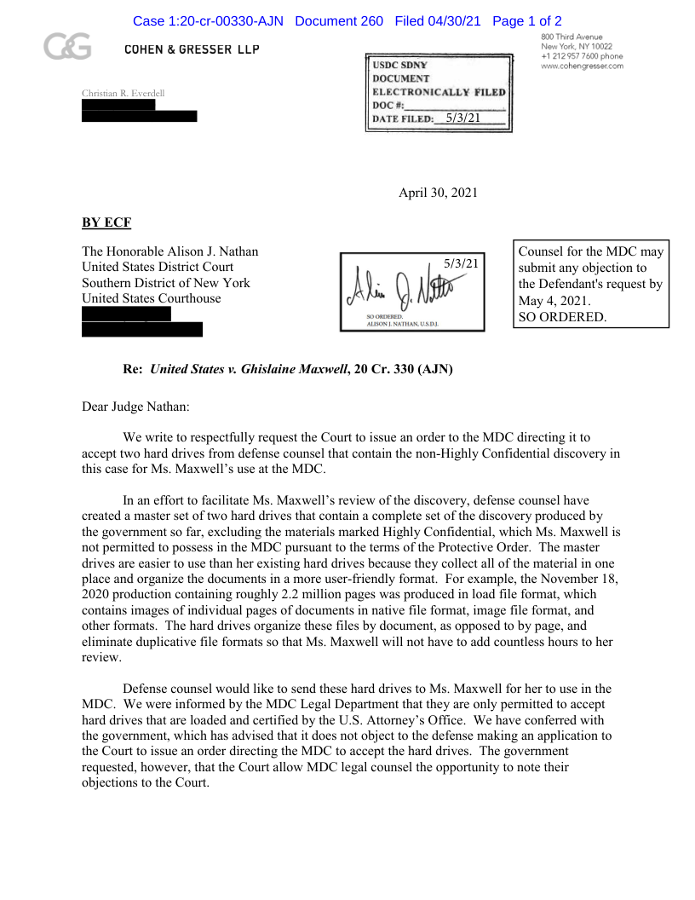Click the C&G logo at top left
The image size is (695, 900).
coord(68,48)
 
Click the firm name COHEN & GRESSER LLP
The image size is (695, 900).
coord(192,49)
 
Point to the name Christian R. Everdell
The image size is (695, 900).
coord(123,93)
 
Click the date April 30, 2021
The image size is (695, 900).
coord(438,193)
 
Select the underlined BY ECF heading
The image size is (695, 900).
coord(106,223)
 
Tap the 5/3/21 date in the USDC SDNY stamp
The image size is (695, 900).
coord(463,118)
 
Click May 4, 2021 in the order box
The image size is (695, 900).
coord(554,301)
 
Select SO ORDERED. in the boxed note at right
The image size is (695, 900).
coord(563,317)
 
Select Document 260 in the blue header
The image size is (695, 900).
coord(339,20)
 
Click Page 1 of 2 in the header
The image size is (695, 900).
coord(527,20)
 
